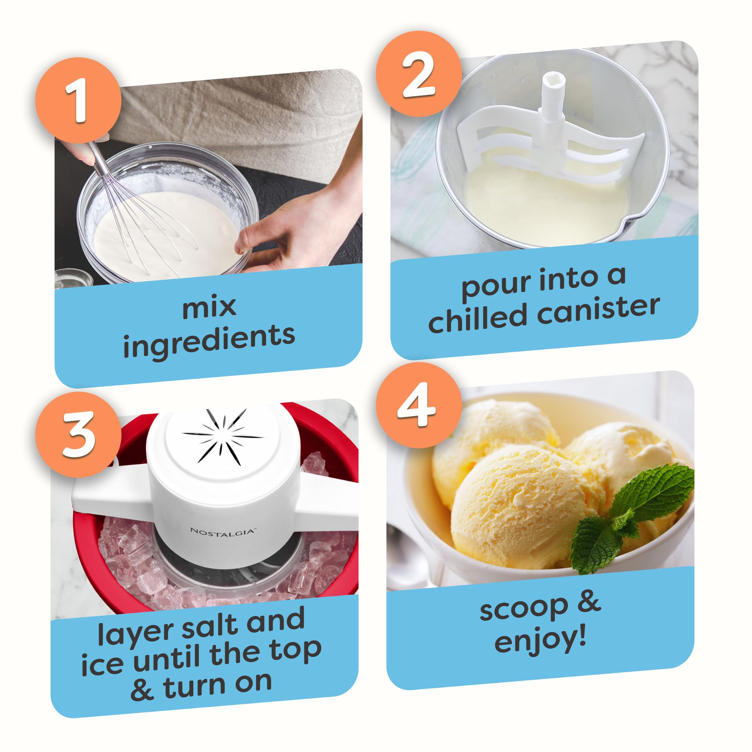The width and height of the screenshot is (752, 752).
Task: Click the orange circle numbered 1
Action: coord(78,100)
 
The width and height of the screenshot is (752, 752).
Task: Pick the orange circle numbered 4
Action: coord(418,405)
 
